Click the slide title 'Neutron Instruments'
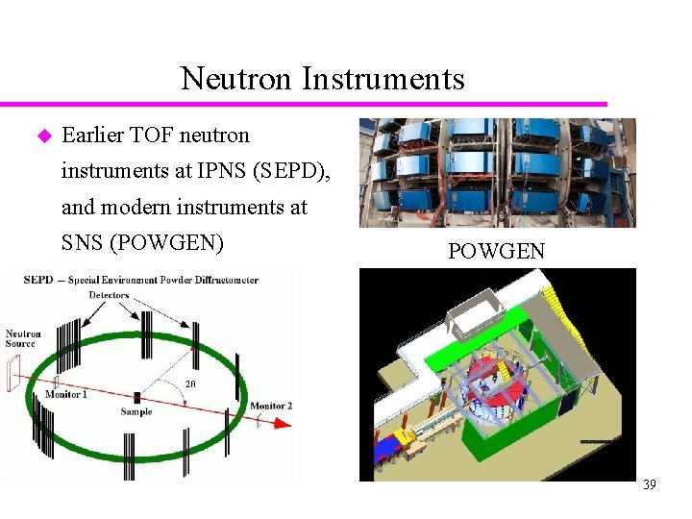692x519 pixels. (322, 78)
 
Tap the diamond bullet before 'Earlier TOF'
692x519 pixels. (42, 136)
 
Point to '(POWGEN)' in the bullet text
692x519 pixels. (167, 242)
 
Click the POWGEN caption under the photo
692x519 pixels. (496, 252)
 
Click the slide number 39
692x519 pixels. (650, 485)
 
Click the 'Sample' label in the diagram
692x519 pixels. (136, 411)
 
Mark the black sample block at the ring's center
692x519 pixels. (137, 396)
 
